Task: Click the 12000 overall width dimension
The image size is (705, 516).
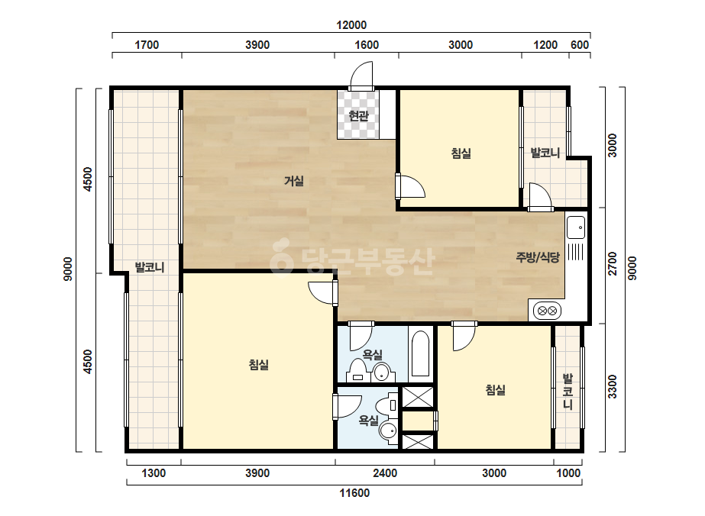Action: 351,25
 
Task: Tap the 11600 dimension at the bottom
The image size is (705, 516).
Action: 354,493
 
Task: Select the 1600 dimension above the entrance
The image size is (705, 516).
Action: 367,45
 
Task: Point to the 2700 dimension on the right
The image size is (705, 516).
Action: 613,264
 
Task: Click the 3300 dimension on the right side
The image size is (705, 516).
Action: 613,386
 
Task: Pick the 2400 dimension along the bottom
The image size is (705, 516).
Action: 385,473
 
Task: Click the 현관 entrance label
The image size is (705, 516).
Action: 358,116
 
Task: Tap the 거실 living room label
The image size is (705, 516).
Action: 294,181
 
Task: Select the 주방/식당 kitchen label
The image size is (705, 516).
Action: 538,257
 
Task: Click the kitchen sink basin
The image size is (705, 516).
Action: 576,227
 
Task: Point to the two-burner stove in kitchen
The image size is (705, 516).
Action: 547,311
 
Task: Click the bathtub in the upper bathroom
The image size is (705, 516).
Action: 420,353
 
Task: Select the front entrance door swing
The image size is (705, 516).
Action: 361,76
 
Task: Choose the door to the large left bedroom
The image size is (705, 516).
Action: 323,293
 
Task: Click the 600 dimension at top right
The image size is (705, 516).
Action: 580,45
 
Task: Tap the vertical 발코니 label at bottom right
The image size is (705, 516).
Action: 568,391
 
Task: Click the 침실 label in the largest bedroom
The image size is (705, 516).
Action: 258,365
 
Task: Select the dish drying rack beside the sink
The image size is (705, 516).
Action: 575,252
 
